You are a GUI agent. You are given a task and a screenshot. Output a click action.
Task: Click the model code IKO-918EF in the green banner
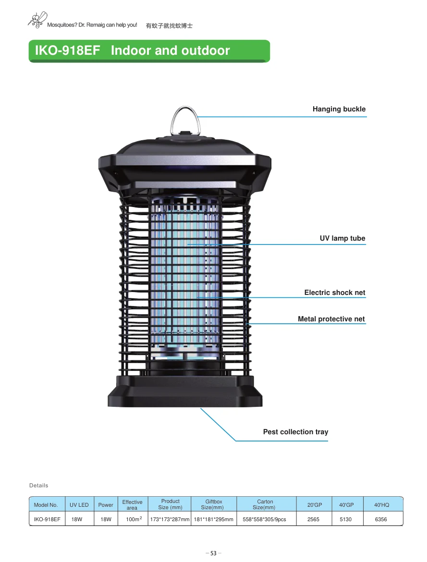click(x=67, y=50)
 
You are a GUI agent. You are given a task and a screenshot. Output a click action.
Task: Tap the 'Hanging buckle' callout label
click(x=339, y=109)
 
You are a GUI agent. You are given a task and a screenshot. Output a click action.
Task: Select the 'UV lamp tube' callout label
click(x=342, y=238)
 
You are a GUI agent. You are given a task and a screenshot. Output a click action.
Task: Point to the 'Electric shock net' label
click(x=334, y=293)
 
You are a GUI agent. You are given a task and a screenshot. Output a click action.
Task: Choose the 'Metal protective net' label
click(x=331, y=319)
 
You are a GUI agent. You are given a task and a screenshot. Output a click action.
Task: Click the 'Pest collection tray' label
click(x=295, y=432)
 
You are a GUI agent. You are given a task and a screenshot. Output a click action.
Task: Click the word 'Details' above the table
click(x=39, y=485)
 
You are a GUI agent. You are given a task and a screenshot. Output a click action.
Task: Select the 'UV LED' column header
click(x=79, y=505)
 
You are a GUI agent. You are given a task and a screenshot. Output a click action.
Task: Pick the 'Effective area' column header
click(x=132, y=505)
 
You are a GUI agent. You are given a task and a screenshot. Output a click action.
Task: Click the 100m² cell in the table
click(x=134, y=519)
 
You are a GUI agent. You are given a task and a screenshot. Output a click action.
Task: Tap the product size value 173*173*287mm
click(x=170, y=519)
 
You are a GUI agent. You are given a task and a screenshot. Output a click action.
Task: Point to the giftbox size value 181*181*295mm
click(x=214, y=519)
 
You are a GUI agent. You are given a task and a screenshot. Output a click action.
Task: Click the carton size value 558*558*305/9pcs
click(x=264, y=519)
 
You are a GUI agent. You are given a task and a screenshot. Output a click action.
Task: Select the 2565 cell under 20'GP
click(x=313, y=519)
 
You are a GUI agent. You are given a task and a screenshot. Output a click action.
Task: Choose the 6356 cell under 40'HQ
click(x=381, y=519)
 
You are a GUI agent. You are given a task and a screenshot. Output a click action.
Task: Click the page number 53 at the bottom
click(x=213, y=553)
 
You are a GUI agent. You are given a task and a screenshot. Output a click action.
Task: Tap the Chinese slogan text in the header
click(x=169, y=25)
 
